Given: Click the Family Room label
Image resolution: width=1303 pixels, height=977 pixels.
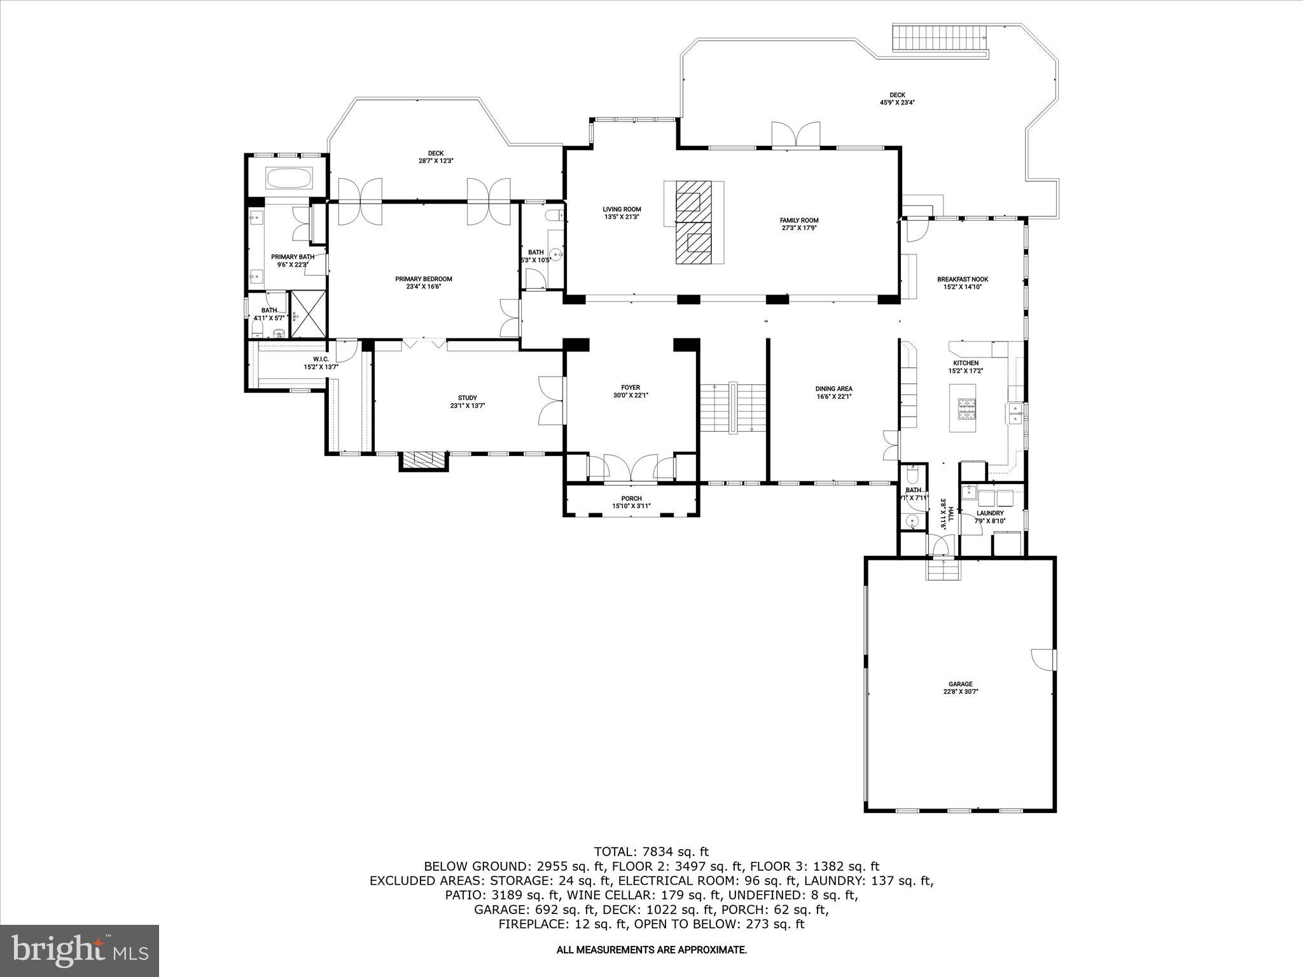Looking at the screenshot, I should (799, 220).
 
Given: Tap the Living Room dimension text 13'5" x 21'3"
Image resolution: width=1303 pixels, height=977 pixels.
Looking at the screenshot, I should (622, 217).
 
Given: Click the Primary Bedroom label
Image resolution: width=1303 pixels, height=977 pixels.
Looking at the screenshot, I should (423, 279).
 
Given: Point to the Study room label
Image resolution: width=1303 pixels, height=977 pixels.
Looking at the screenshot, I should (467, 398).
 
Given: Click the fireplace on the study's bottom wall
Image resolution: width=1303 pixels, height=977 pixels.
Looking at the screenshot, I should (424, 460).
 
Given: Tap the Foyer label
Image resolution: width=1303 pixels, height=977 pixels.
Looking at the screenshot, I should (631, 387).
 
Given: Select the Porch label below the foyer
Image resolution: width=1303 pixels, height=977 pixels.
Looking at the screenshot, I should (631, 498).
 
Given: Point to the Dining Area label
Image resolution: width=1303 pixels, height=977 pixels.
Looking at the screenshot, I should (833, 389).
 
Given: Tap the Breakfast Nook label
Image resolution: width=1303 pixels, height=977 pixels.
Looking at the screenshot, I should (962, 279).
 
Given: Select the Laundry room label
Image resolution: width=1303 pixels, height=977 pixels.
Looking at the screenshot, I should (990, 513).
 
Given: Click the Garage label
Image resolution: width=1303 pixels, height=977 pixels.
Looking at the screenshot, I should (961, 684).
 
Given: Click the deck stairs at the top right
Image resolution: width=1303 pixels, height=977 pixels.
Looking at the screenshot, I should (939, 39).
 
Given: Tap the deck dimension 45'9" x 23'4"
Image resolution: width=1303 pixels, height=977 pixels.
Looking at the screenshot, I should (897, 102).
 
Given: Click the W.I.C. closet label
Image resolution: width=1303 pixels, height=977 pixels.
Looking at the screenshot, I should (321, 359).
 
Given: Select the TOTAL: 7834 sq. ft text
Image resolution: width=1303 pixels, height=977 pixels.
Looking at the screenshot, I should (651, 852).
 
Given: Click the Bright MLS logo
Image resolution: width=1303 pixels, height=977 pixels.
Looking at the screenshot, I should (80, 950).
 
